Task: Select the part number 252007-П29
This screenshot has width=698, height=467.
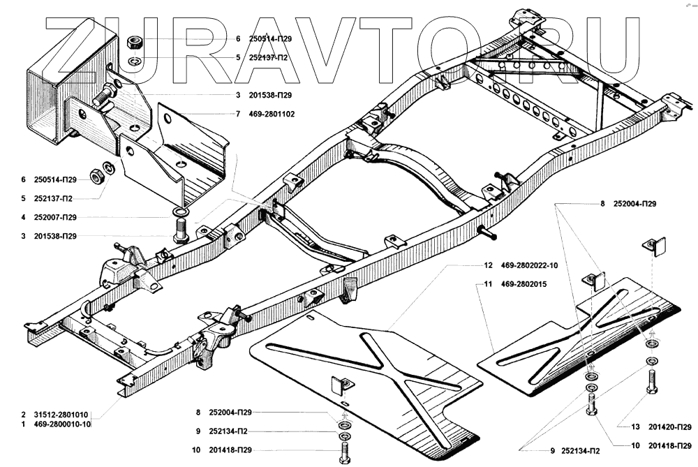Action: click(x=68, y=216)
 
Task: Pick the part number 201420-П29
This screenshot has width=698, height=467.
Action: click(x=669, y=427)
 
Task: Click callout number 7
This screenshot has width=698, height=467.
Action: click(x=237, y=113)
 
